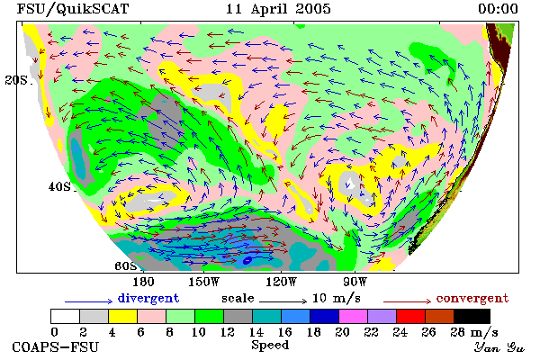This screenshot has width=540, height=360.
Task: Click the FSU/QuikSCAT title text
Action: point(73,9)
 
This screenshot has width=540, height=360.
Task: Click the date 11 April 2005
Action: point(278,9)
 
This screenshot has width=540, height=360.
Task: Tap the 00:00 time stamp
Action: point(498,9)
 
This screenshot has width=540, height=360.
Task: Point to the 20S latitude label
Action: point(16,80)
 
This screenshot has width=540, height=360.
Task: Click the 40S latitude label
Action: point(59,186)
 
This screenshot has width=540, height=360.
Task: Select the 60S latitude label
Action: point(126,265)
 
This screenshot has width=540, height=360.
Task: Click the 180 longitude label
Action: point(144,282)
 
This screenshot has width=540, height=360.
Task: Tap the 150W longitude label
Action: point(204,282)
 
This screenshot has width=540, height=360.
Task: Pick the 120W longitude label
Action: point(281,282)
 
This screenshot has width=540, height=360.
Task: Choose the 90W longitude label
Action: point(355,282)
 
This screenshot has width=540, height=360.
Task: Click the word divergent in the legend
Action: point(148,298)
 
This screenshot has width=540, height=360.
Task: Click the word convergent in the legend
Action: point(472,298)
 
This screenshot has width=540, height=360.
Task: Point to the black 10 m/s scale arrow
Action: point(283,301)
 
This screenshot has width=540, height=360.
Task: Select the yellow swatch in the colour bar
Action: point(123,316)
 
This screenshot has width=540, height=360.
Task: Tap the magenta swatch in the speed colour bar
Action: point(353,316)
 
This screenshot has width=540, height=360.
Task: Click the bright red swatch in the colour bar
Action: point(411,316)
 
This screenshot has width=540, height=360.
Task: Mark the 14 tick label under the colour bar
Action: point(256,332)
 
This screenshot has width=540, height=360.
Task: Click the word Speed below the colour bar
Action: point(270,345)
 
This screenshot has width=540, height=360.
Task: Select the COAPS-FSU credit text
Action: point(56,346)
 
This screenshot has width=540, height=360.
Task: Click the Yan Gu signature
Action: point(499,347)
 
